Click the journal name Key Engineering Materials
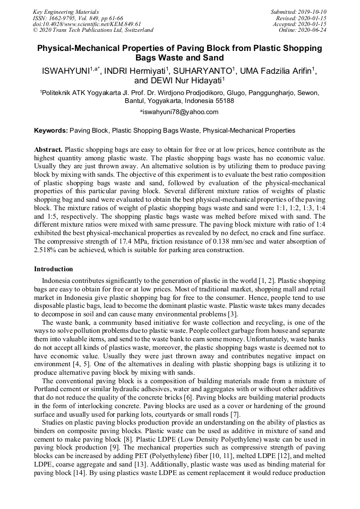click(x=65, y=11)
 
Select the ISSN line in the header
click(x=78, y=18)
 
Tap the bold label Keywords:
click(x=51, y=130)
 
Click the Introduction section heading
click(x=54, y=269)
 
